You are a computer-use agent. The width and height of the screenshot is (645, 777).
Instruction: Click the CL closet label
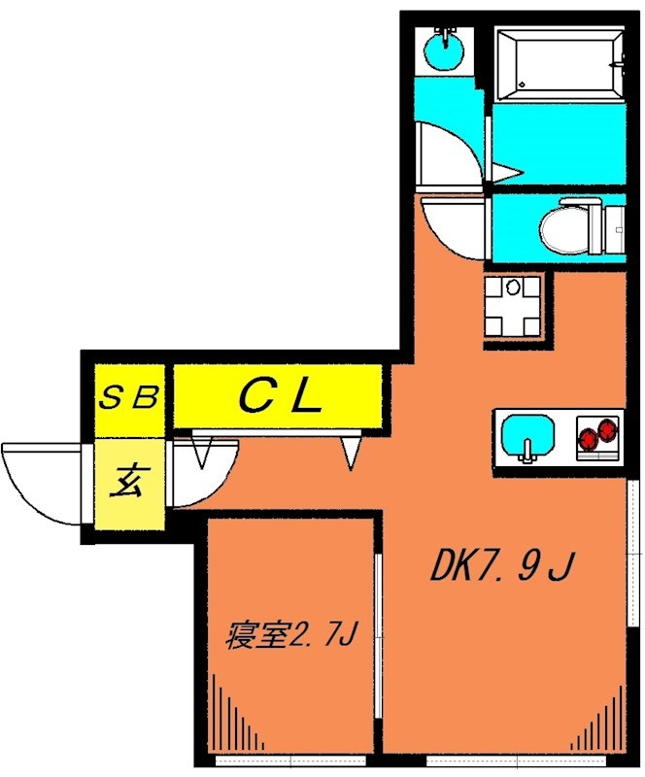(x=280, y=396)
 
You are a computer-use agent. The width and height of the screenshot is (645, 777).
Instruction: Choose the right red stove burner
(x=607, y=427)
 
